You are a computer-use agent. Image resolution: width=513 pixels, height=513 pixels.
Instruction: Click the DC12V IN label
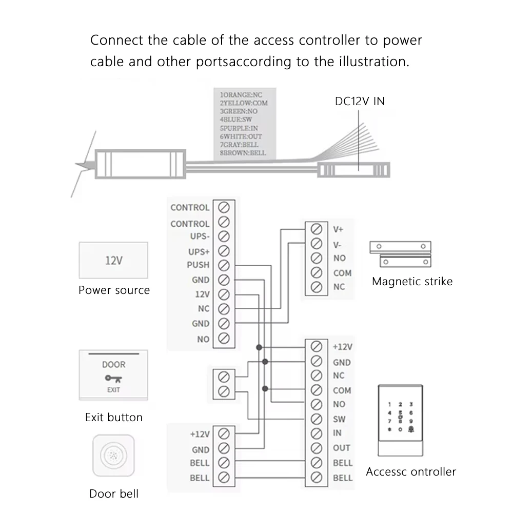coord(360,101)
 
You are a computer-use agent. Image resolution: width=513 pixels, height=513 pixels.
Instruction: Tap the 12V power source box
coord(113,260)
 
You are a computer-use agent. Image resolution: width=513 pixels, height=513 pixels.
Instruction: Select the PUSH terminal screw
coord(223,265)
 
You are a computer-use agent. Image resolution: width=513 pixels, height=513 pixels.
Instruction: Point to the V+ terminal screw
coord(317,229)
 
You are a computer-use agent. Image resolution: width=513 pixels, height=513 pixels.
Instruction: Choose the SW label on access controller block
coord(339,419)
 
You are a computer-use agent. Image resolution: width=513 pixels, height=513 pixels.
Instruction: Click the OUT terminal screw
coord(317,448)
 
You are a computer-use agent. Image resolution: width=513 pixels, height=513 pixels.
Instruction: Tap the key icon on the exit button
coord(113,379)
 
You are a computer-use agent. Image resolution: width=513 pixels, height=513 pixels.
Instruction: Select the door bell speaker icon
coord(113,456)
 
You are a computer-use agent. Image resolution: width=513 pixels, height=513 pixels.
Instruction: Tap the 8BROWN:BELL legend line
coord(243,152)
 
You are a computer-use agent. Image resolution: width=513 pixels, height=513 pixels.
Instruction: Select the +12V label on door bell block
coord(200,434)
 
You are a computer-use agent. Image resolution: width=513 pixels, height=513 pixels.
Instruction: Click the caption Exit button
coord(113,417)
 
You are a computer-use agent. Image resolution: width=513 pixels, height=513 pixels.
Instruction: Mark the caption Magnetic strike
coord(412,281)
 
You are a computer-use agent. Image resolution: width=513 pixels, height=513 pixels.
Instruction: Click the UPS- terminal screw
coord(223,236)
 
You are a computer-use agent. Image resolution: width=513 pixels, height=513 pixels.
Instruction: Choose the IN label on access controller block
coord(337,433)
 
